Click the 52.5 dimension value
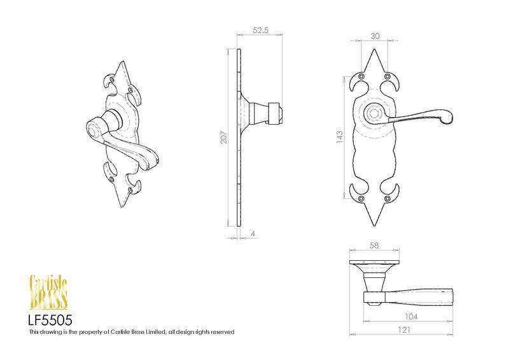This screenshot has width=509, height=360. pos(260,30)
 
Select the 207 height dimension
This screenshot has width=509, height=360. pos(224,137)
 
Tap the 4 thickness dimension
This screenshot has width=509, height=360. pos(253,233)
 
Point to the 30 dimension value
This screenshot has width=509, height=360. pos(375,36)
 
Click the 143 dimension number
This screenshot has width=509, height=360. pos(340,137)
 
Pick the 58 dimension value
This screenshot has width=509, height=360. pos(374,246)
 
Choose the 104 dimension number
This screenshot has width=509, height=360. pos(411,317)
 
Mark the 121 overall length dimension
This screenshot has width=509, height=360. pos(404,330)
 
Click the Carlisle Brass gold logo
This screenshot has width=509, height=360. pos(48,292)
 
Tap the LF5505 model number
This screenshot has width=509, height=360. pos(50,321)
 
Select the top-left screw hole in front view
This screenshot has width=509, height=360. pos(361,76)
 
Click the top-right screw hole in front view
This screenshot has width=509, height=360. pos(387,76)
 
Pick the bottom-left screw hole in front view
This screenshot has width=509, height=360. pos(361,198)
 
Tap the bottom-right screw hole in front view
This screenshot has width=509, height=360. pos(387,198)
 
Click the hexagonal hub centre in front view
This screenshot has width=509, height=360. pos(374,114)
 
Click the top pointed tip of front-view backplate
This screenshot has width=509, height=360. pos(375,50)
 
